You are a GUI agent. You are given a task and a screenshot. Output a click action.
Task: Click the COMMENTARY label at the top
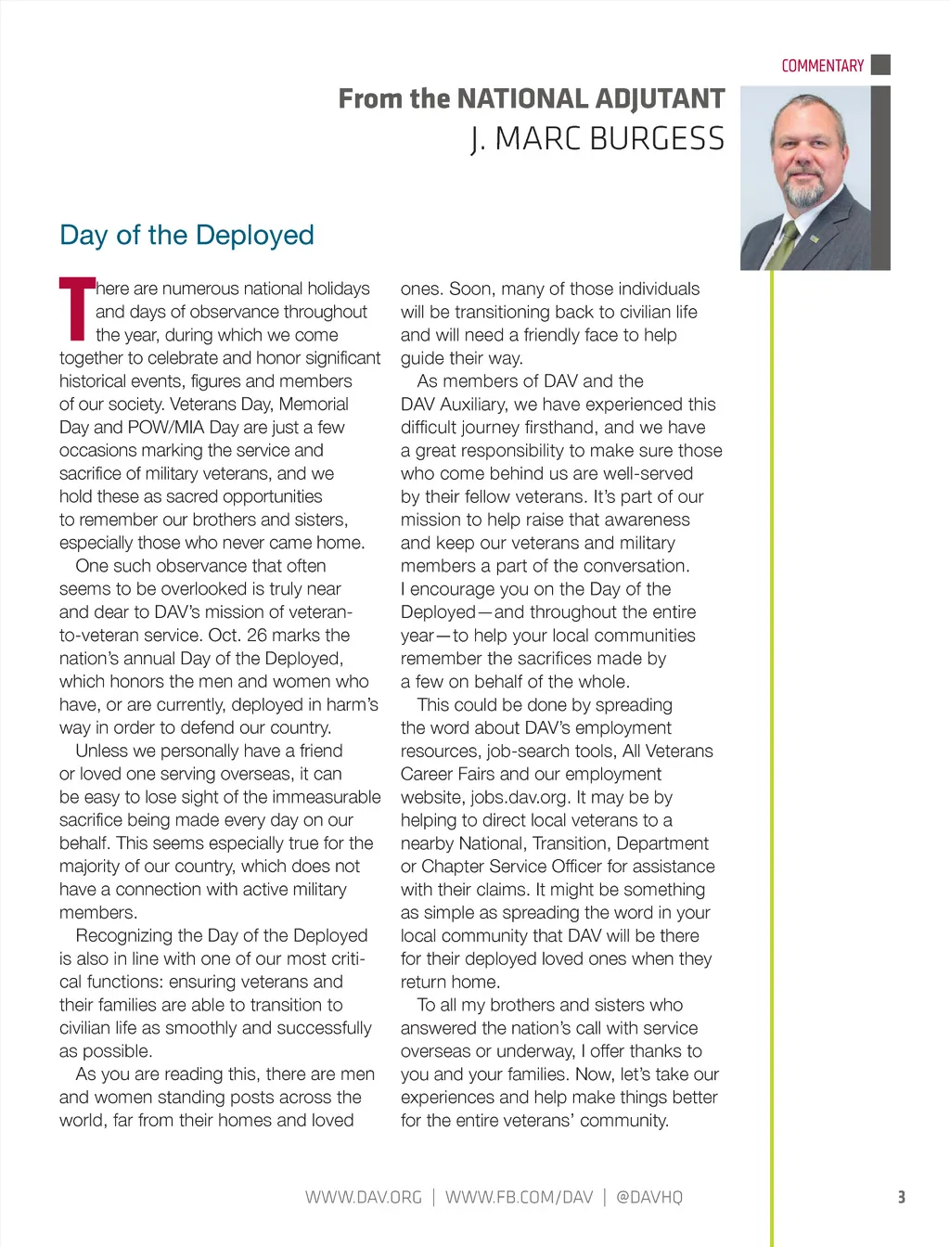(822, 66)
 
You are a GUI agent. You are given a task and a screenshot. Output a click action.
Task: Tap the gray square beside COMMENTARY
(881, 65)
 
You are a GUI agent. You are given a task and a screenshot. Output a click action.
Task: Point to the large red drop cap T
(76, 309)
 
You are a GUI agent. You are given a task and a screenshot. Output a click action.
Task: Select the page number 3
(901, 1197)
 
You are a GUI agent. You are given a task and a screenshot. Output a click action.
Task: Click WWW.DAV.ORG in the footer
(363, 1197)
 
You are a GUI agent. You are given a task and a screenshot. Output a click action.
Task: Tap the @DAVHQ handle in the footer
(649, 1197)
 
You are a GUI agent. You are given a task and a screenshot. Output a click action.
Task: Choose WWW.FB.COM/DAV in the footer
(519, 1197)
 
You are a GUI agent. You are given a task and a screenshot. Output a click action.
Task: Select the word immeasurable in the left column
(318, 797)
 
